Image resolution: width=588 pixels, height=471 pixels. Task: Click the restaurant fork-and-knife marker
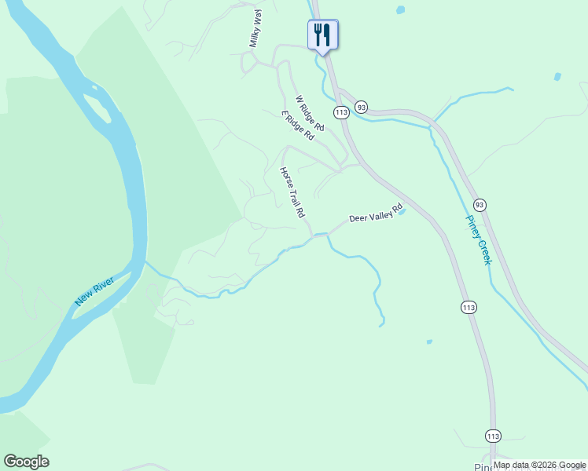click(322, 35)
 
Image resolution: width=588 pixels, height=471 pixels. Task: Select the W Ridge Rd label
click(309, 113)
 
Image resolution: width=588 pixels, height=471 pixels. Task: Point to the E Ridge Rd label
click(298, 126)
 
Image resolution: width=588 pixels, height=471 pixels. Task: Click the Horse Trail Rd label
click(292, 192)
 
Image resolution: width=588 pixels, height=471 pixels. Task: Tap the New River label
click(94, 290)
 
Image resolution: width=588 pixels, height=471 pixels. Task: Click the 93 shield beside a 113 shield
click(361, 106)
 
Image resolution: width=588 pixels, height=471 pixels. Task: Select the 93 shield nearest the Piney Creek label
click(480, 205)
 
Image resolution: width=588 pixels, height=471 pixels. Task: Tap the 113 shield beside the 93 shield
click(340, 113)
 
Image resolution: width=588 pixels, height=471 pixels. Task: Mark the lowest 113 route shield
click(493, 436)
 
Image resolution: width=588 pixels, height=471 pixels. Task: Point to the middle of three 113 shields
click(469, 307)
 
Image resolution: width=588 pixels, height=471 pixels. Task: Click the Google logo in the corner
click(26, 462)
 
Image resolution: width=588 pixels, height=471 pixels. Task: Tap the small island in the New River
click(98, 108)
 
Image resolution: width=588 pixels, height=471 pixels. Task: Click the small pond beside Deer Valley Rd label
click(402, 211)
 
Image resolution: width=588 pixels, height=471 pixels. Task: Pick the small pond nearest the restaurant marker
click(400, 10)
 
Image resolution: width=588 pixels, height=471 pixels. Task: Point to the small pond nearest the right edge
click(557, 77)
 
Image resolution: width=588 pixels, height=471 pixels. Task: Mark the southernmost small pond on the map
click(428, 341)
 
